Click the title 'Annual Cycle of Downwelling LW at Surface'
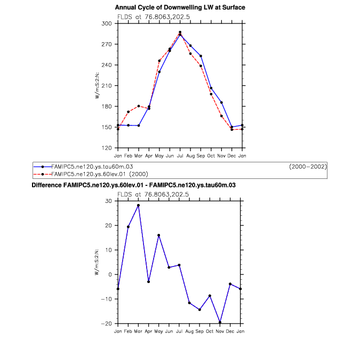tap(180, 7)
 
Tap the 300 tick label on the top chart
tap(107, 23)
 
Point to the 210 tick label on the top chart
tap(107, 85)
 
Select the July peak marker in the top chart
tap(180, 32)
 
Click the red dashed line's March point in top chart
tap(139, 106)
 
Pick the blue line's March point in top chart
tap(139, 125)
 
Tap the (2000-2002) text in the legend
tap(308, 167)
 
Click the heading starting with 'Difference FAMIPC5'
tap(134, 185)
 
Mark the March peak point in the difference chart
tap(139, 205)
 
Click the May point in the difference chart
tap(159, 235)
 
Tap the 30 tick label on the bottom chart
tap(109, 201)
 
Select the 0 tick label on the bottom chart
tap(111, 274)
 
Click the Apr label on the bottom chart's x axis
tap(149, 331)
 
